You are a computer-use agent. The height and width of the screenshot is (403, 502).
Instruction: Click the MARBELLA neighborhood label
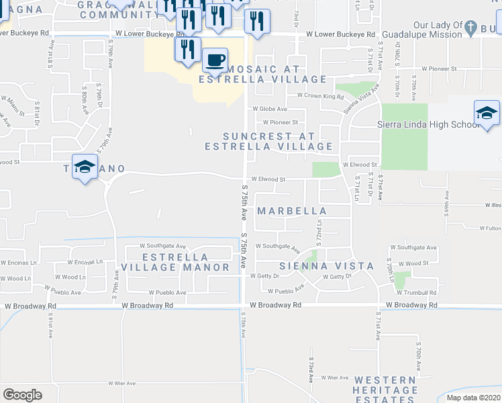pos(293,211)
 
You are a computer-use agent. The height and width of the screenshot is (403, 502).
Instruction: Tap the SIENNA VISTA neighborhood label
pos(327,266)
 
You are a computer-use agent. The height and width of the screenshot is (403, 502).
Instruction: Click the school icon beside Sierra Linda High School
pos(487,113)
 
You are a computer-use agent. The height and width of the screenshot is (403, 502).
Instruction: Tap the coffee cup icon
pos(215,60)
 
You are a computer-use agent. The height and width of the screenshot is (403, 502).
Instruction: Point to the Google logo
pos(22,395)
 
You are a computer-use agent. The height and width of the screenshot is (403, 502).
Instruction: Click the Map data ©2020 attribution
pos(472,398)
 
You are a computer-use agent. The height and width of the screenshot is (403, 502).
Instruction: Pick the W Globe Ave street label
pos(270,109)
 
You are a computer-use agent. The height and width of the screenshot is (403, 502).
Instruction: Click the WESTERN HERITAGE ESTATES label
pos(386,390)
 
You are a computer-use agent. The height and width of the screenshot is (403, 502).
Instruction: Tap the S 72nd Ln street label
pos(320,235)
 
